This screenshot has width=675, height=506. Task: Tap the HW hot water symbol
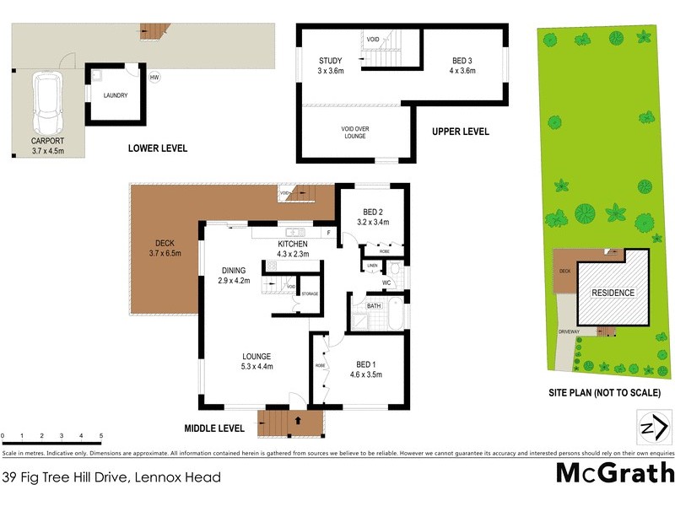pyautogui.click(x=154, y=78)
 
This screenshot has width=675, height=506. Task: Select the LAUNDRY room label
pyautogui.click(x=116, y=95)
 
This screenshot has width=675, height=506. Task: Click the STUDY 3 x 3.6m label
pyautogui.click(x=330, y=66)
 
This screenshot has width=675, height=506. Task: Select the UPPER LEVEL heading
pyautogui.click(x=460, y=132)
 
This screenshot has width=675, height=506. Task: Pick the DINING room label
pyautogui.click(x=234, y=275)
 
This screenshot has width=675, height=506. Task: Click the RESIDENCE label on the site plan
pyautogui.click(x=613, y=293)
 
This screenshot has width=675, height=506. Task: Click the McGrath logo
pyautogui.click(x=614, y=472)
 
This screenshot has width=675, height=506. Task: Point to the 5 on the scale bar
pyautogui.click(x=101, y=437)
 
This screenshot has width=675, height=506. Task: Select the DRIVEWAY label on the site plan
pyautogui.click(x=568, y=331)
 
